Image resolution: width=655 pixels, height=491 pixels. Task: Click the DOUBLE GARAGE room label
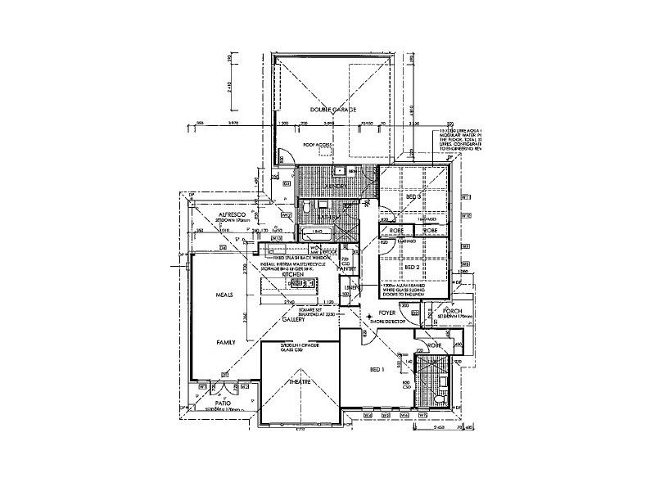327,110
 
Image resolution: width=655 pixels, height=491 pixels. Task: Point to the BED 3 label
413,197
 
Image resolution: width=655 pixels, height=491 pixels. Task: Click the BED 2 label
413,267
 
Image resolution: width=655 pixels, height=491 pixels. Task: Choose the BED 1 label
377,369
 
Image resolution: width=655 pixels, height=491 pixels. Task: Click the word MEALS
225,294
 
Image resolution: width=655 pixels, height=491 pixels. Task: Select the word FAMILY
227,343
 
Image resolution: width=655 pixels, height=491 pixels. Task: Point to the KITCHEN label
293,276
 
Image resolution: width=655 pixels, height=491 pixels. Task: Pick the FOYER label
387,313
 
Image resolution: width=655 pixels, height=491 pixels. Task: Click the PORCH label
454,313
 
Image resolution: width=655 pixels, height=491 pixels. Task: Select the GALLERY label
293,320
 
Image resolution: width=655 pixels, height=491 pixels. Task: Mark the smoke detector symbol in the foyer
370,315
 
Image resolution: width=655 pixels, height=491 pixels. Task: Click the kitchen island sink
304,284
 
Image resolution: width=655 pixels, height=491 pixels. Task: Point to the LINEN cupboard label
350,288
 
